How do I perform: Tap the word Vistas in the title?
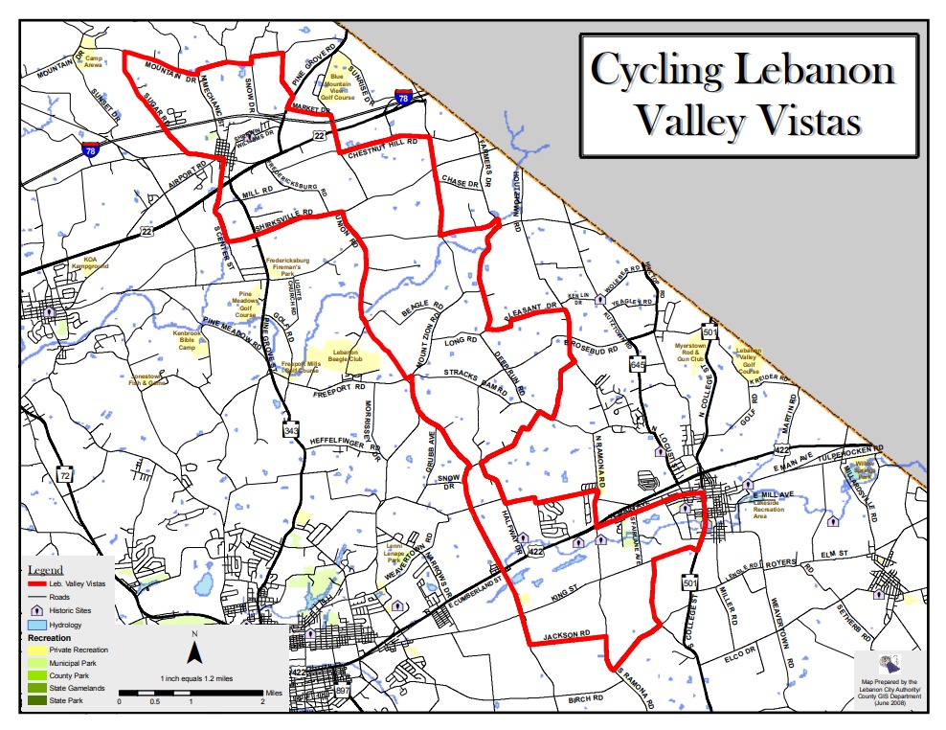click(804, 121)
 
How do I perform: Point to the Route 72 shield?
click(64, 474)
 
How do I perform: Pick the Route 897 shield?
click(343, 692)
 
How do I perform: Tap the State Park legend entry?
click(70, 700)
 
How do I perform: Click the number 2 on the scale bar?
click(262, 702)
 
